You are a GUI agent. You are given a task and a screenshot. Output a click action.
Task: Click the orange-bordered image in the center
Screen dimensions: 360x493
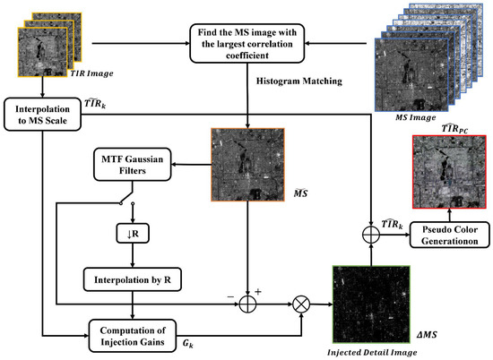(245, 165)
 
